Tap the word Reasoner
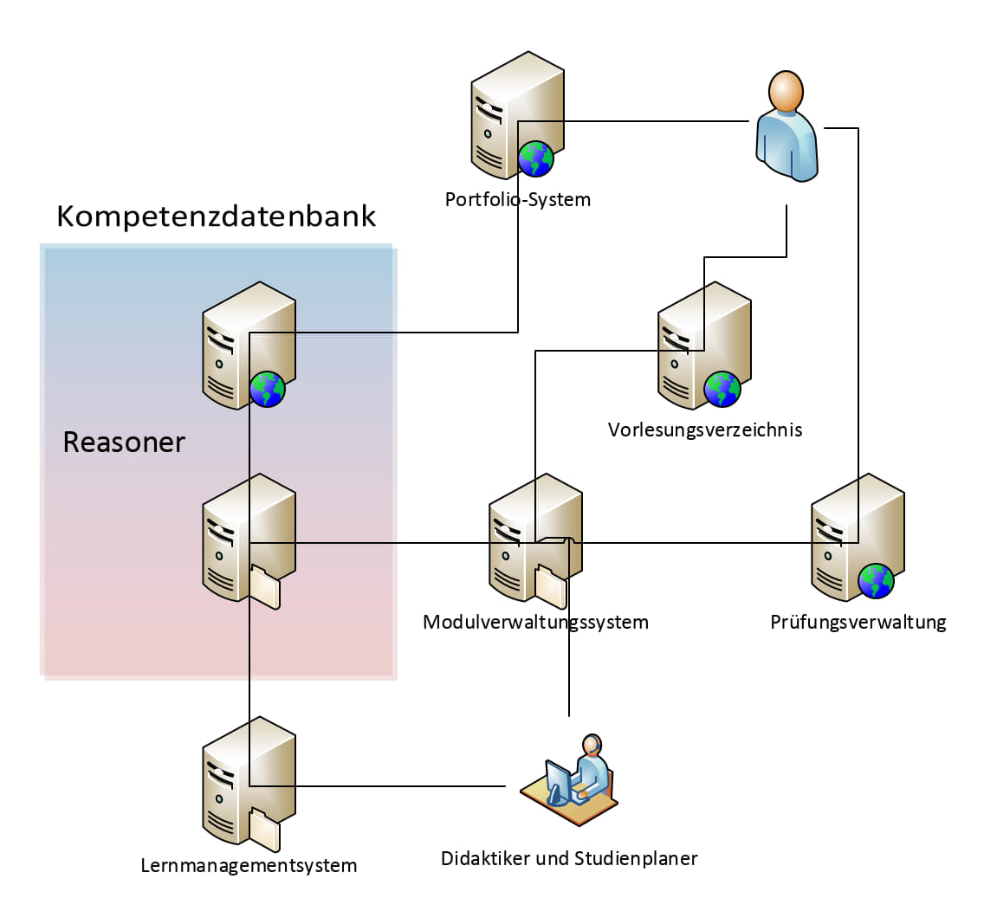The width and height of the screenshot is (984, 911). pyautogui.click(x=124, y=443)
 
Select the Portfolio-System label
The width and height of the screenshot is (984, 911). pyautogui.click(x=518, y=199)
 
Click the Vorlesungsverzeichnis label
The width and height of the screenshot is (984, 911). pyautogui.click(x=705, y=430)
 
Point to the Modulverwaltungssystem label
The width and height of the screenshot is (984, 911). pyautogui.click(x=535, y=623)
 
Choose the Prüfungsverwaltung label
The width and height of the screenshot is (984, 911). pyautogui.click(x=858, y=623)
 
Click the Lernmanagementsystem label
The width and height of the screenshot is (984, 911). pyautogui.click(x=249, y=866)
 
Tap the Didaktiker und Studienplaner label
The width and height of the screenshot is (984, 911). pyautogui.click(x=569, y=858)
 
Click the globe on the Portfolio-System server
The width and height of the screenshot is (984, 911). pyautogui.click(x=536, y=158)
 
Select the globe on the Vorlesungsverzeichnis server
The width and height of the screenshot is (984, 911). pyautogui.click(x=722, y=389)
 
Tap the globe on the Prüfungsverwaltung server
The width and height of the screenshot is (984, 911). pyautogui.click(x=876, y=581)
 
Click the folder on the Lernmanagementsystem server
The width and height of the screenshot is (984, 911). pyautogui.click(x=265, y=830)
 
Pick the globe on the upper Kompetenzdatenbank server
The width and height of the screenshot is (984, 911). pyautogui.click(x=268, y=389)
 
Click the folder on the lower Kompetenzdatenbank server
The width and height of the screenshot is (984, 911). pyautogui.click(x=265, y=586)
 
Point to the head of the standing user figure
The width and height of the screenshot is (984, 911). pyautogui.click(x=786, y=92)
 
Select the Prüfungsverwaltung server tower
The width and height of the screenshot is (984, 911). pyautogui.click(x=858, y=537)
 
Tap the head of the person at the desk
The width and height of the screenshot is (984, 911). pyautogui.click(x=592, y=746)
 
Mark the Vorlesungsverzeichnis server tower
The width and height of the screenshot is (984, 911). pyautogui.click(x=704, y=345)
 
